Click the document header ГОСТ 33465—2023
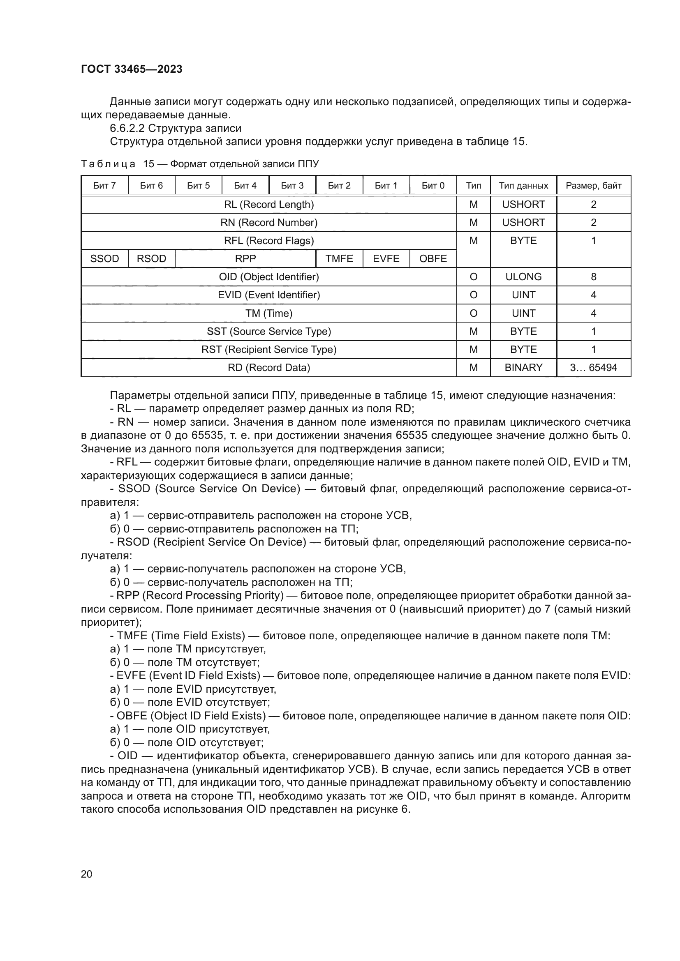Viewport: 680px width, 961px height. click(132, 69)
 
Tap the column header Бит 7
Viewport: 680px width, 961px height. click(104, 185)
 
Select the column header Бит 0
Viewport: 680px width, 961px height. click(433, 185)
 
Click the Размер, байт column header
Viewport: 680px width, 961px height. click(593, 185)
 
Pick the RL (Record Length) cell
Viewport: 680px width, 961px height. click(269, 205)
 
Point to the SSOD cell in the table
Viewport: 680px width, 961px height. click(104, 259)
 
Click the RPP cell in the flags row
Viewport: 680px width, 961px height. click(245, 259)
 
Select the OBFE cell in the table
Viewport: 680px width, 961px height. click(433, 259)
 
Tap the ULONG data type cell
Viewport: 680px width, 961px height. click(523, 277)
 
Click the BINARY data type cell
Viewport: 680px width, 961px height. click(523, 367)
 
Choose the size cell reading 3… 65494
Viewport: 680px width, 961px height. click(593, 367)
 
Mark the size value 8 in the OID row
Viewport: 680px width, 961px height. click(593, 277)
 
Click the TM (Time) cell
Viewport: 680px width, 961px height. click(269, 313)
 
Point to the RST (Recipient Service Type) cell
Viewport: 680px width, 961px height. click(269, 350)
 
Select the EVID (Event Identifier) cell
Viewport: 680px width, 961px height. click(269, 295)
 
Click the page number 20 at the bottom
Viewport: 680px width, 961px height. click(86, 874)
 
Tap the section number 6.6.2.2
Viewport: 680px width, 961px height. click(127, 128)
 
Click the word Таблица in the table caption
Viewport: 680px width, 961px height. click(108, 164)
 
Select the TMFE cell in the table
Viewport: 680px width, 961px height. click(339, 259)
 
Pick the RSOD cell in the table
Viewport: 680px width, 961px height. click(151, 259)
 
